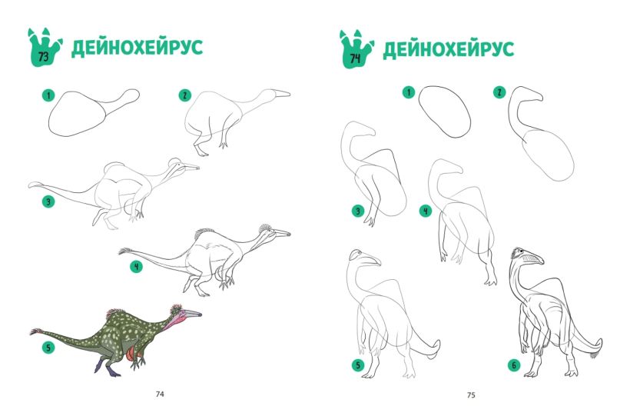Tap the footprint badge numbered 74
pos(355,51)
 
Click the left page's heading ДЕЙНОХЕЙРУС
pos(137,48)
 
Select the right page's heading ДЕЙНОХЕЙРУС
pos(449,49)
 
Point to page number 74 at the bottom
pos(160,394)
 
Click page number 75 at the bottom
pos(471,395)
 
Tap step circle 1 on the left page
pos(48,96)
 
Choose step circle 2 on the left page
pos(185,95)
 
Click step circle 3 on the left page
pos(48,201)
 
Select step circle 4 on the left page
pos(137,266)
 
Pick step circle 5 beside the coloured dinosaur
pos(48,347)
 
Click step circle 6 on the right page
pos(514,365)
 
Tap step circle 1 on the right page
pos(409,92)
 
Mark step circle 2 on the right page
pos(499,92)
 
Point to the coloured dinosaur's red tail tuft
pos(37,331)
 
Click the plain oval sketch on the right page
pos(445,111)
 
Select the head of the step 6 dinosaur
pos(527,256)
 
